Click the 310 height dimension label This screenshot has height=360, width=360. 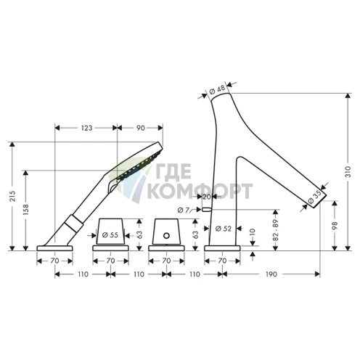point(348,171)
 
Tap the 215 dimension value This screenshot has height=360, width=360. point(12,196)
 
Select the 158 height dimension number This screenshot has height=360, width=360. point(25,209)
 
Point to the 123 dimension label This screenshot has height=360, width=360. point(86,128)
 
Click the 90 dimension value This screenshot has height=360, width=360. point(140,128)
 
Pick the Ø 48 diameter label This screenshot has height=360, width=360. point(217,90)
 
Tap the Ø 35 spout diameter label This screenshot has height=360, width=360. point(315,197)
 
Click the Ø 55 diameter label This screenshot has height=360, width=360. point(110,234)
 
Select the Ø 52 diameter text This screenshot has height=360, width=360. point(224,229)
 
